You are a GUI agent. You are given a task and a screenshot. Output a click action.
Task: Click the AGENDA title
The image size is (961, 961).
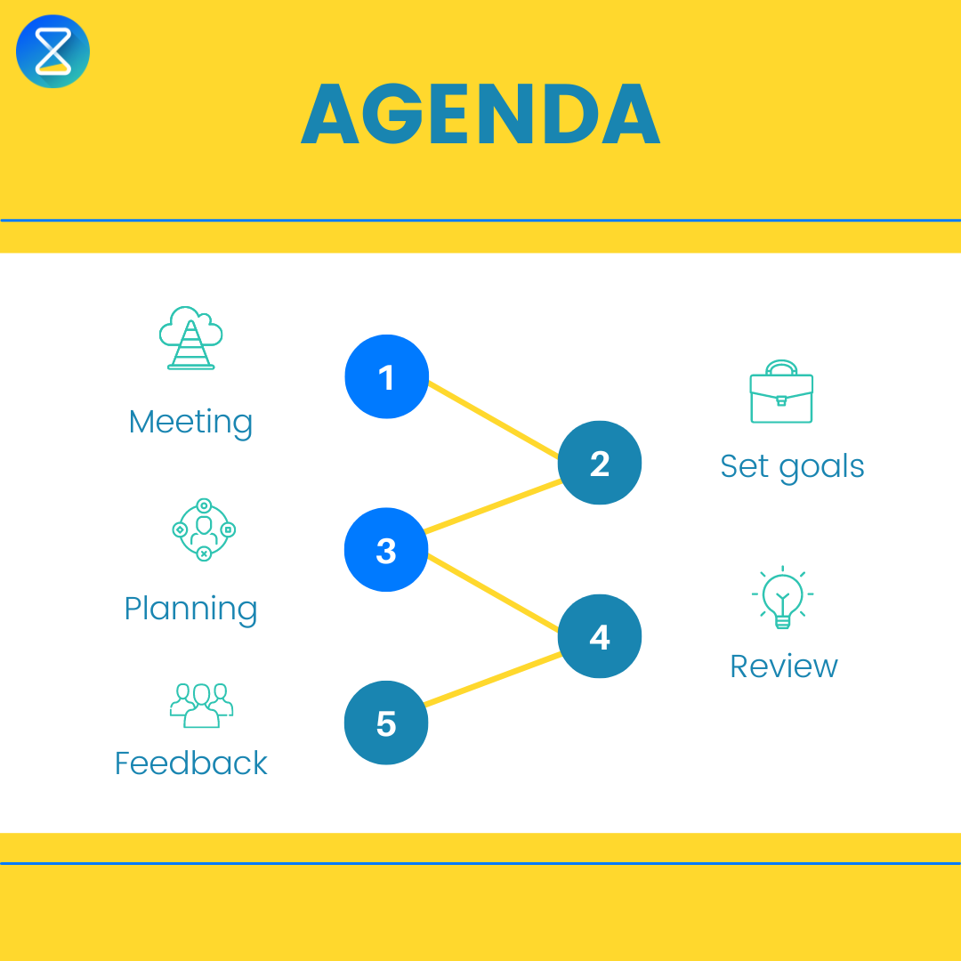(480, 116)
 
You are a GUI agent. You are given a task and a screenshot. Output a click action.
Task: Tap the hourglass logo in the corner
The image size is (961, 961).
(53, 52)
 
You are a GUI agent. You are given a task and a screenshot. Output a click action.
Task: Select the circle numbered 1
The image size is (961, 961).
(386, 377)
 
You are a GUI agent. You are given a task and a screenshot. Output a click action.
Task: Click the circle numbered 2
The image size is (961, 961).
(600, 463)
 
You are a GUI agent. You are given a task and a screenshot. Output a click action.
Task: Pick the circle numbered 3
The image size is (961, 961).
(386, 550)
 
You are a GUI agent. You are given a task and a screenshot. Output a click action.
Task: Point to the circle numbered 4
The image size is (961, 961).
(600, 636)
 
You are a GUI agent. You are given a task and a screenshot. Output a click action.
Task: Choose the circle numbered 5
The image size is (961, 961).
(386, 723)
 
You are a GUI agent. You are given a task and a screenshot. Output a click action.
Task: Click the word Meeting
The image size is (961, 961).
(190, 422)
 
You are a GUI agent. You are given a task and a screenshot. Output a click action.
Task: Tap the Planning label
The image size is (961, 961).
(190, 609)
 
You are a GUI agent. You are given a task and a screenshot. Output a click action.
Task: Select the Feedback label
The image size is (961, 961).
(190, 763)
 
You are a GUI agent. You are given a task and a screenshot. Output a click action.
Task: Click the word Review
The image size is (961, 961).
(783, 666)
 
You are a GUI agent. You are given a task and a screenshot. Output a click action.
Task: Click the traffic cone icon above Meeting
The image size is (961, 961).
(190, 338)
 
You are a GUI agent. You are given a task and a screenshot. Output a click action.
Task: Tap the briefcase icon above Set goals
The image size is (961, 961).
(781, 393)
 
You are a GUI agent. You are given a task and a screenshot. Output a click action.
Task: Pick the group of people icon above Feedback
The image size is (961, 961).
(201, 705)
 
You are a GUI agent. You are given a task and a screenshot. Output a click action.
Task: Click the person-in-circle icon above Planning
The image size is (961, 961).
(203, 529)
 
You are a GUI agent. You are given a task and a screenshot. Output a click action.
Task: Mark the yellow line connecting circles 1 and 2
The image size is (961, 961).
(494, 418)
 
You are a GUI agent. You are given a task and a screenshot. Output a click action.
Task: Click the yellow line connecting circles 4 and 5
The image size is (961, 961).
(494, 681)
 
